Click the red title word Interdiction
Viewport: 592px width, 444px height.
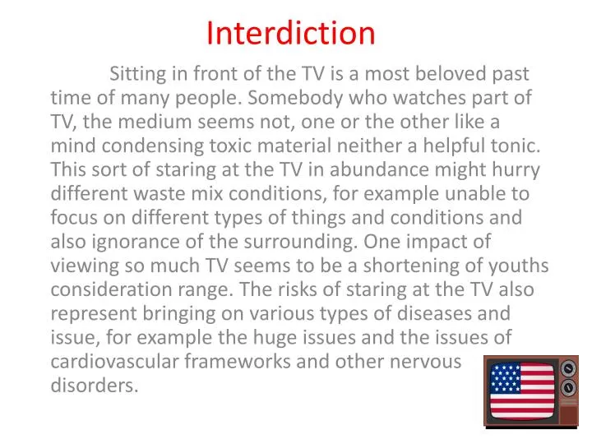coord(290,33)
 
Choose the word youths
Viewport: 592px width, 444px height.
coord(521,266)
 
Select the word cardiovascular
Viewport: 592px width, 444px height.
coord(113,361)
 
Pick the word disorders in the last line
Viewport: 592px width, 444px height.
coord(94,385)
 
